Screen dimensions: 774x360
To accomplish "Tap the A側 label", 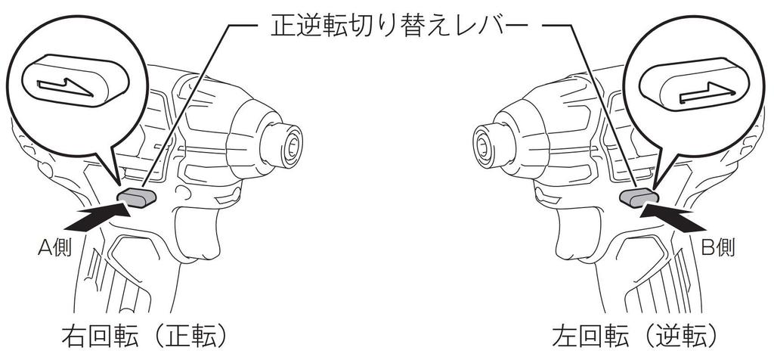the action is pyautogui.click(x=54, y=247).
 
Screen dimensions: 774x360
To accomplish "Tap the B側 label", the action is pyautogui.click(x=718, y=247).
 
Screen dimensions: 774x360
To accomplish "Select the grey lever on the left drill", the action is pyautogui.click(x=137, y=197).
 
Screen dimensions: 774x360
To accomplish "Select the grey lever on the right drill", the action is pyautogui.click(x=639, y=197).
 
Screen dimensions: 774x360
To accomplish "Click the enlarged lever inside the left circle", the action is pyautogui.click(x=76, y=80).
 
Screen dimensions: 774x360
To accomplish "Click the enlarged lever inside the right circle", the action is pyautogui.click(x=694, y=84).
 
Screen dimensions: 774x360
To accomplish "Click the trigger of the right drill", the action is pyautogui.click(x=578, y=233).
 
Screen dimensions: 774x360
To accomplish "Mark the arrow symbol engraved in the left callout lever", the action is pyautogui.click(x=66, y=88).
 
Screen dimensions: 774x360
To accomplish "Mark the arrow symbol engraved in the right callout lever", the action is pyautogui.click(x=707, y=92).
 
